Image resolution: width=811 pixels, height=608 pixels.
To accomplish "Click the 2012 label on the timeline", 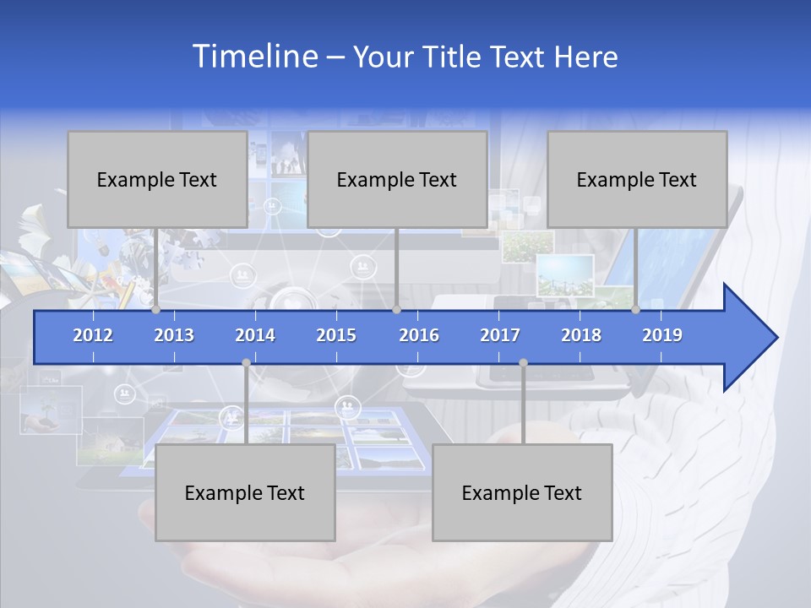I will point(93,335).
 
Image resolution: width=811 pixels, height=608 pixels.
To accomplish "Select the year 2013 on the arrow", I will point(174,335).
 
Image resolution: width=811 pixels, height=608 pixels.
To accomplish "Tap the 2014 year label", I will point(255,335).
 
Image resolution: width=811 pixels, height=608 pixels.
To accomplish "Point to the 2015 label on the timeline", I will point(336,335).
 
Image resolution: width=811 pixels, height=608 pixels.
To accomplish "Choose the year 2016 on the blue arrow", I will point(419,335).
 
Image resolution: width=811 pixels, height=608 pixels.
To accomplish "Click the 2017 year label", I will point(500,335).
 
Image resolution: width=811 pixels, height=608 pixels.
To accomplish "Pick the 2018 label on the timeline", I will point(581,335).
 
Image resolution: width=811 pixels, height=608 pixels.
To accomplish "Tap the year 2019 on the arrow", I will point(662,335).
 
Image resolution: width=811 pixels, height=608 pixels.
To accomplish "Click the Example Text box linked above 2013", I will point(157,179).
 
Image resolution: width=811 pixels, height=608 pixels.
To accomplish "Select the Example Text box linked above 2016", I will point(397,179).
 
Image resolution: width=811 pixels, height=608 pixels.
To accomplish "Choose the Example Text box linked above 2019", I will point(637,179).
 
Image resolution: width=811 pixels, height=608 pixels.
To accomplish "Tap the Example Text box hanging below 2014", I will point(245,492).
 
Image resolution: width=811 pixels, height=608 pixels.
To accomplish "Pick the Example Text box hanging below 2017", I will point(522,492).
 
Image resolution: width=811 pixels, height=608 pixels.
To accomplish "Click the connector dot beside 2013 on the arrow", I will point(156,310).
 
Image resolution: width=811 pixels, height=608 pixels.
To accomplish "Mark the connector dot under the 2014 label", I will point(246,363).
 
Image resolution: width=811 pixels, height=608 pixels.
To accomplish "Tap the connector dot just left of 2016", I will point(397,310).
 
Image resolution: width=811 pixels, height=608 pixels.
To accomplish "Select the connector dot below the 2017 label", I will point(523,363).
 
